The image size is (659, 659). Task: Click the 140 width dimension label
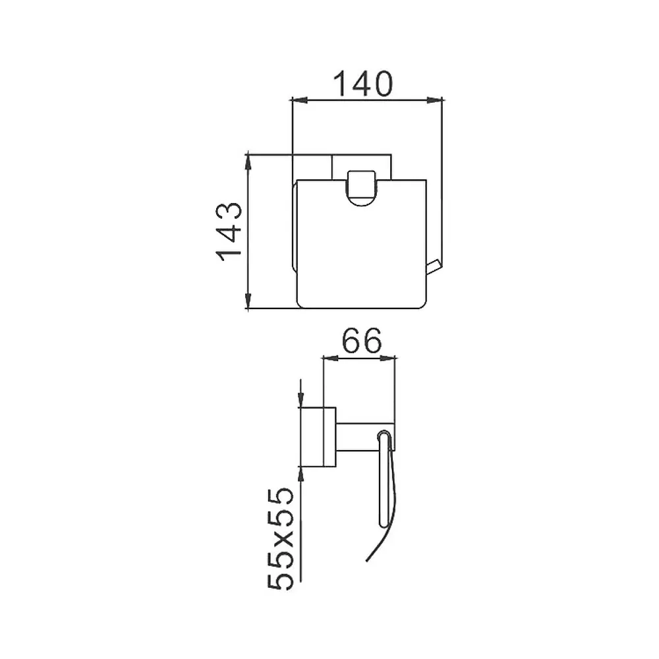coord(363,84)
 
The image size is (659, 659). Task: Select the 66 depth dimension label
coord(362,341)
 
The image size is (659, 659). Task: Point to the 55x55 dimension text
coord(280,539)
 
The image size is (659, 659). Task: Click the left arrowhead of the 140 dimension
coord(300,100)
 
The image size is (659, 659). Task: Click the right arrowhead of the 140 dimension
coord(434,100)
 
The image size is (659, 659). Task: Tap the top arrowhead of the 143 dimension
coord(248,163)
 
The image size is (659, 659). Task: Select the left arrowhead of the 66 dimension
coord(330,358)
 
